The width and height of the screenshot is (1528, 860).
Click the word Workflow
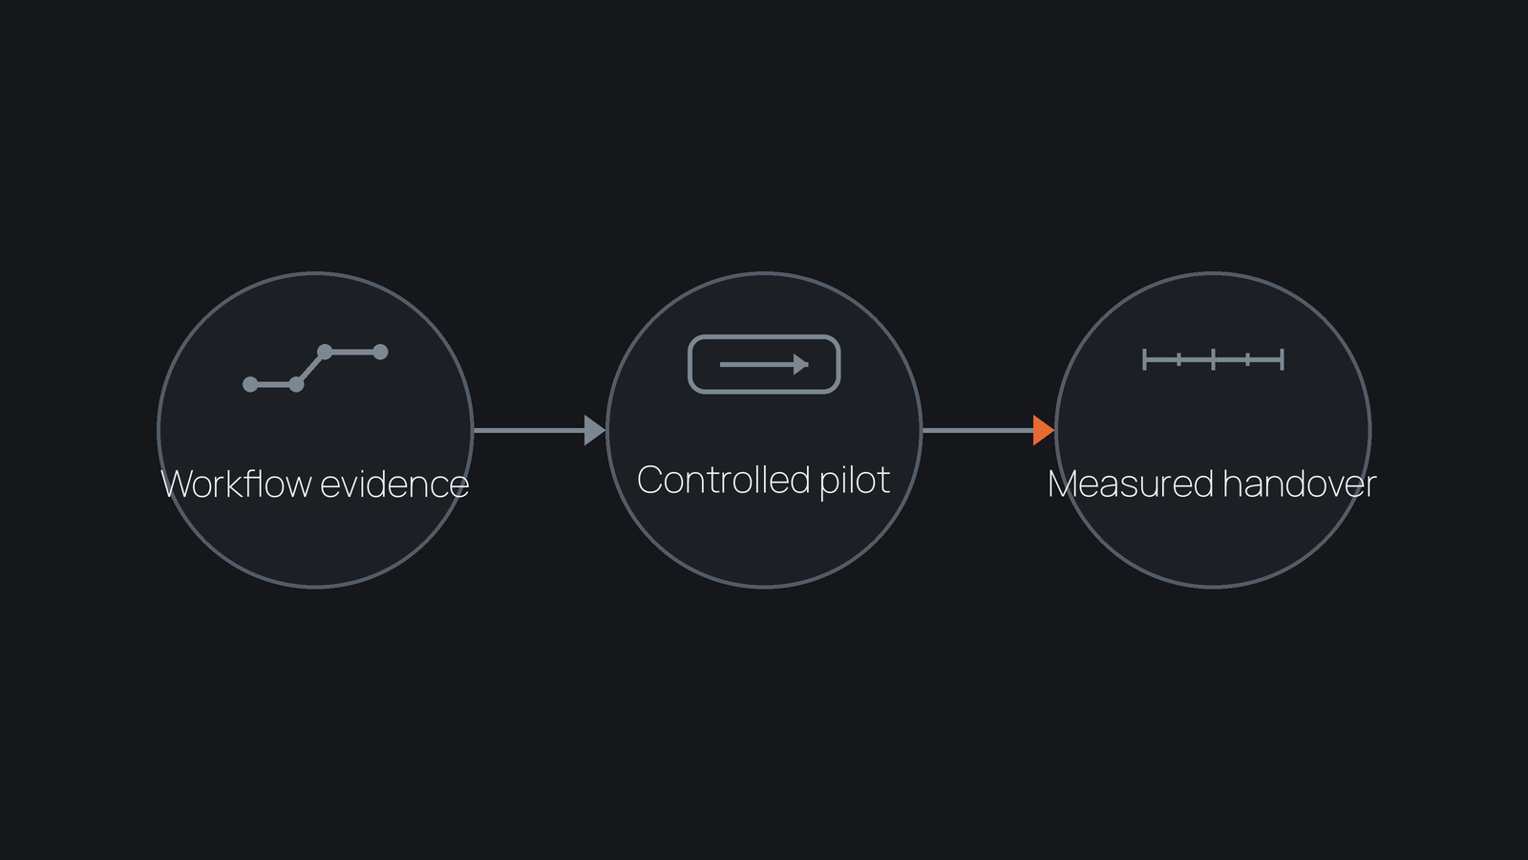[236, 484]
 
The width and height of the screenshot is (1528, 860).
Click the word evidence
[394, 484]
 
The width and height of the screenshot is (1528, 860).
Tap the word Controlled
[723, 479]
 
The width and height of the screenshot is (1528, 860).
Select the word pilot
[854, 481]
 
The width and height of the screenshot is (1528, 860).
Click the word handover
[1300, 484]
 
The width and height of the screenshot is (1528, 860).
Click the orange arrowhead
[1044, 430]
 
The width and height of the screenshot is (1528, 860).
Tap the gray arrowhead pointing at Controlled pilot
[595, 430]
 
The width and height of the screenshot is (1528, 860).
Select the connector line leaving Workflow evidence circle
[529, 430]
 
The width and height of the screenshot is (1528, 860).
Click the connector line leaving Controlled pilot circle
[978, 430]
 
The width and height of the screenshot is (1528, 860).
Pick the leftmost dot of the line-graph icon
[250, 384]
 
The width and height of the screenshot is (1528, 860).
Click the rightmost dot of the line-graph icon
[380, 352]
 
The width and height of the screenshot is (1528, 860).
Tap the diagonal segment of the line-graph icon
[310, 368]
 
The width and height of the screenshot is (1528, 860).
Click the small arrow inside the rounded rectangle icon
[764, 364]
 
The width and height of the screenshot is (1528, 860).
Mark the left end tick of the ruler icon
[1145, 359]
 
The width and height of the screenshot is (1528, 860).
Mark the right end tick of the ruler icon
[1283, 359]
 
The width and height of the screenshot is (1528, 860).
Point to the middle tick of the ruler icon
[1214, 359]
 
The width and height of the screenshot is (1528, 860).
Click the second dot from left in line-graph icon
[296, 384]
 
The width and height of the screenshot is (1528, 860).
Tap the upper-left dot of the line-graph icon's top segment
[325, 352]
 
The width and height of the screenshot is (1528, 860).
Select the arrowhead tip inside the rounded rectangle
[808, 364]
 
